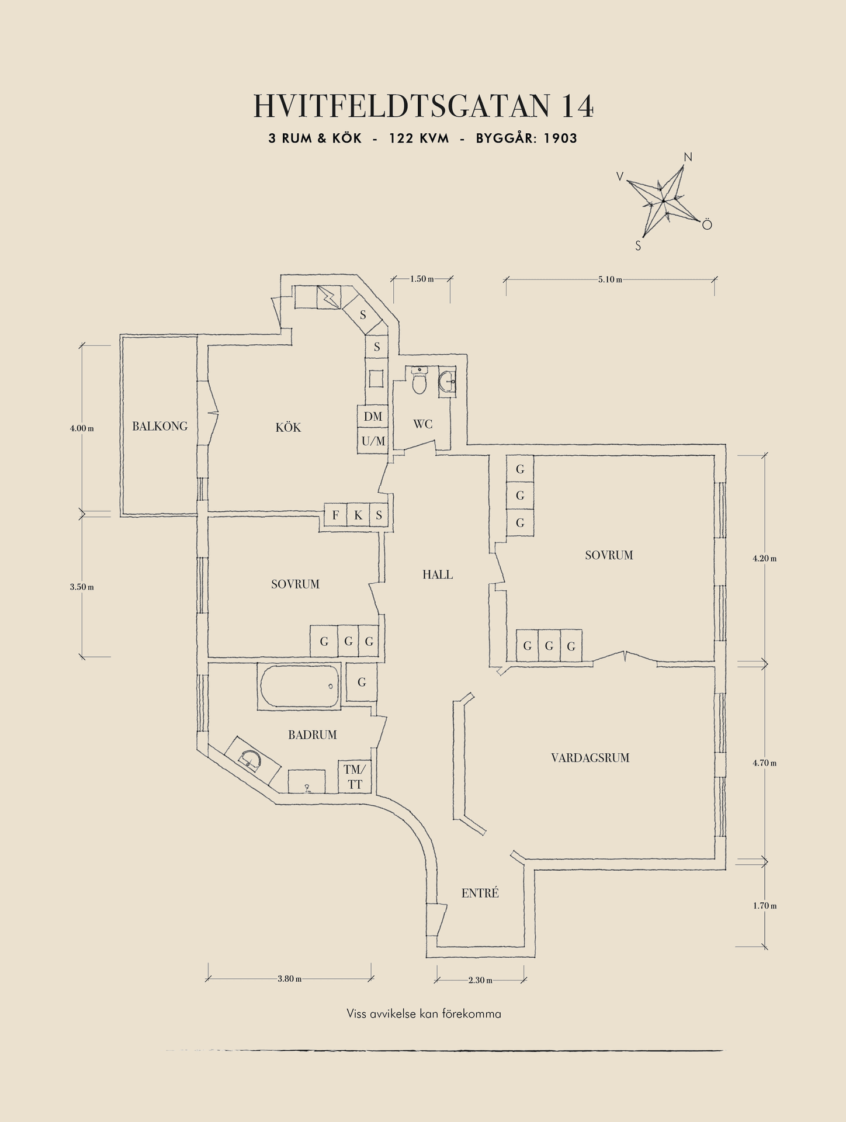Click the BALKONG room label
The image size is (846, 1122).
point(160,426)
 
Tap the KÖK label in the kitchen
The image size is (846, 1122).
point(288,427)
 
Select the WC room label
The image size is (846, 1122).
point(422,424)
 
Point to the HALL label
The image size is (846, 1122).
point(438,574)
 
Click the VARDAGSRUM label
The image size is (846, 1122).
point(590,758)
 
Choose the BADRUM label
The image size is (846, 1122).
point(312,735)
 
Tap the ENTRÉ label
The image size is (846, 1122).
point(480,893)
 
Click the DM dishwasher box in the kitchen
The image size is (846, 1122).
point(373,417)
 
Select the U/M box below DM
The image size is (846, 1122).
point(373,441)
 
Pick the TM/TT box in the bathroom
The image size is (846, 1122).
point(355,777)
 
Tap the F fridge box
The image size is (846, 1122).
point(335,515)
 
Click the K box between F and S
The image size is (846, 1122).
point(358,515)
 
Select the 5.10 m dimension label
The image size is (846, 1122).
point(610,279)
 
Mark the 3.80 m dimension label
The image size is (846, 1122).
point(289,979)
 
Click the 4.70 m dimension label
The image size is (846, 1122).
point(764,763)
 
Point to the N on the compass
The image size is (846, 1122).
point(688,157)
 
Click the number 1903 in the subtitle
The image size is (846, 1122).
point(560,138)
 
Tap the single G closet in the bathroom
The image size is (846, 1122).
point(362,682)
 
